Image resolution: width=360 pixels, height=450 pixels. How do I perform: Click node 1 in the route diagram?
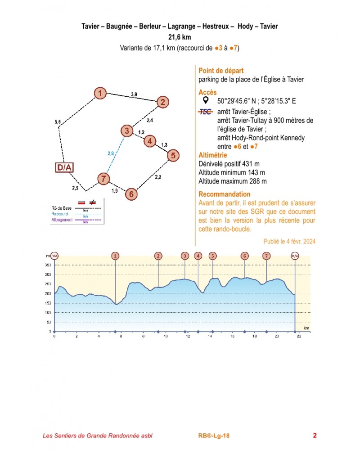[100, 93]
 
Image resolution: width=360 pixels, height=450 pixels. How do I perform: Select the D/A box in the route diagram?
[64, 168]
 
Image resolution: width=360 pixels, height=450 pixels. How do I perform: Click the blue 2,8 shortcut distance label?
[111, 154]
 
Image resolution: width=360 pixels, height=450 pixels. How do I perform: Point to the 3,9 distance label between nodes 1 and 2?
[134, 94]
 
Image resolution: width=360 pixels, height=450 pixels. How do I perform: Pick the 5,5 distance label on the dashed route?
[57, 122]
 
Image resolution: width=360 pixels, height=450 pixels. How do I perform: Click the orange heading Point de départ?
[221, 71]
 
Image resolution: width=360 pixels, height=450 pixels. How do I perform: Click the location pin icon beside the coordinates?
[206, 100]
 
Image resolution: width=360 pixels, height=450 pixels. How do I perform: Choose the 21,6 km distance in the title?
[180, 37]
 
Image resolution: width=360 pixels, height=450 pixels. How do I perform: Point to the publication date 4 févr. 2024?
[289, 241]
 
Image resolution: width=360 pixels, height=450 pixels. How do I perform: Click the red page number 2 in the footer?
[315, 435]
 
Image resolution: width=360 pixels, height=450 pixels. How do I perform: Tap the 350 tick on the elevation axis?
[47, 265]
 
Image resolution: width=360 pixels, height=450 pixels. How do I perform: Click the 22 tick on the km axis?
[295, 336]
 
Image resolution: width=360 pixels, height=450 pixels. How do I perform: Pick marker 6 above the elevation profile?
[244, 256]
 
